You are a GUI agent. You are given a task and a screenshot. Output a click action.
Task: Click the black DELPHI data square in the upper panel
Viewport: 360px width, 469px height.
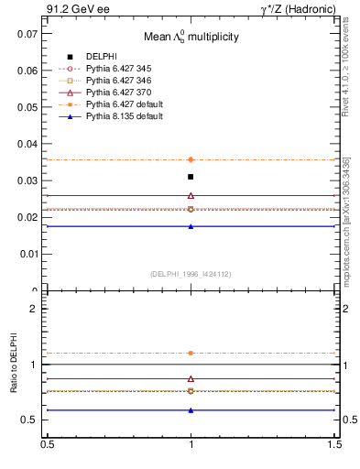click(191, 177)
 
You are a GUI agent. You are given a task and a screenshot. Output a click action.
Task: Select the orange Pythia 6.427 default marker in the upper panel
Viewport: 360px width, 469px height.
click(191, 159)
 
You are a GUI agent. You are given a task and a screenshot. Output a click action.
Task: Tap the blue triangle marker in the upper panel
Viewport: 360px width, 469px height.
click(191, 226)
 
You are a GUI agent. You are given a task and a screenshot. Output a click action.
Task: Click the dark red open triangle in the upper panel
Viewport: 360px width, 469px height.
click(191, 195)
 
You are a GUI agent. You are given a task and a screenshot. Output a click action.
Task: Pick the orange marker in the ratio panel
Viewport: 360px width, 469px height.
click(191, 353)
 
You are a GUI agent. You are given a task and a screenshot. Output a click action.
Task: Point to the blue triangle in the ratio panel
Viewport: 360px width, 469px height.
click(191, 410)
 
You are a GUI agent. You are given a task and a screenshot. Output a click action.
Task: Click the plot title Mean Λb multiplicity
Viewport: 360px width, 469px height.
click(190, 37)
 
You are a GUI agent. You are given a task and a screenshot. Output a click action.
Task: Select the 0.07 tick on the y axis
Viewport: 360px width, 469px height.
click(27, 33)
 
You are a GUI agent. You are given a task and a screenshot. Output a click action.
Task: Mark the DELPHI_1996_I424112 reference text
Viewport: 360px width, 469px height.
click(190, 274)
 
